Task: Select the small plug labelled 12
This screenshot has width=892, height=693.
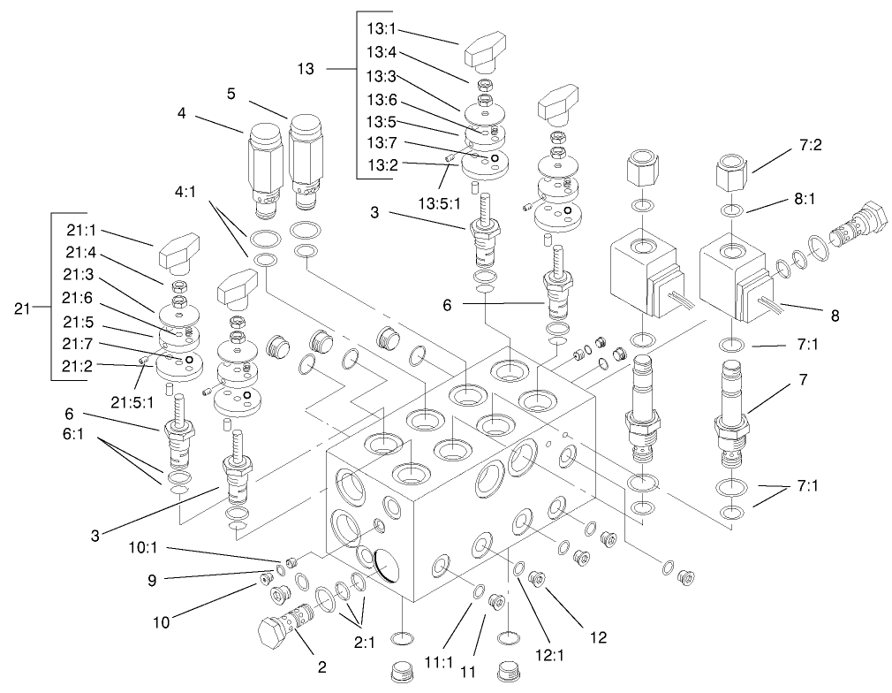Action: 535,580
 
